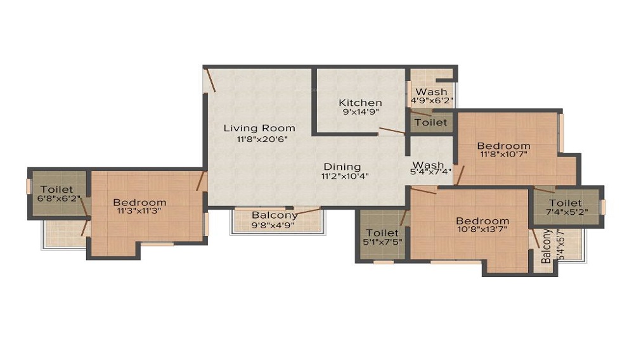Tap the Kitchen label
360,103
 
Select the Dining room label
342,167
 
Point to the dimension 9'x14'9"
360,112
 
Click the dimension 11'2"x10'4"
345,176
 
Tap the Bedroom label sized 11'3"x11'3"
139,202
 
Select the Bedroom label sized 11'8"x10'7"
503,146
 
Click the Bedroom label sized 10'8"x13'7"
482,221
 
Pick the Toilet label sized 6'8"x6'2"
56,189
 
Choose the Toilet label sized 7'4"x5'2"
566,203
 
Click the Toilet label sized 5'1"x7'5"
382,233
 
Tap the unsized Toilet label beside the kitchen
430,122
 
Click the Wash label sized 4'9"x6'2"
431,92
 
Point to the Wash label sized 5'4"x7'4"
429,165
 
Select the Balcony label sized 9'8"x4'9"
275,215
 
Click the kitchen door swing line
391,132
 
